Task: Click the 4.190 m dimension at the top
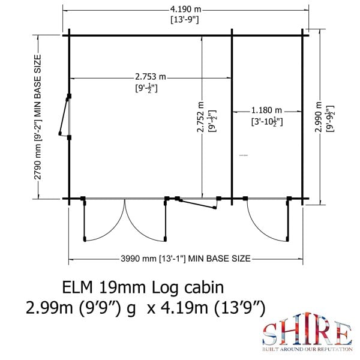184,9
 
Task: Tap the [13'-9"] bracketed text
184,20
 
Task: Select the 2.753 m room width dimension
149,77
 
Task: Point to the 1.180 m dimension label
266,110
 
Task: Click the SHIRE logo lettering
306,334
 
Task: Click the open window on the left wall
64,116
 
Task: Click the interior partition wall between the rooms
232,114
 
